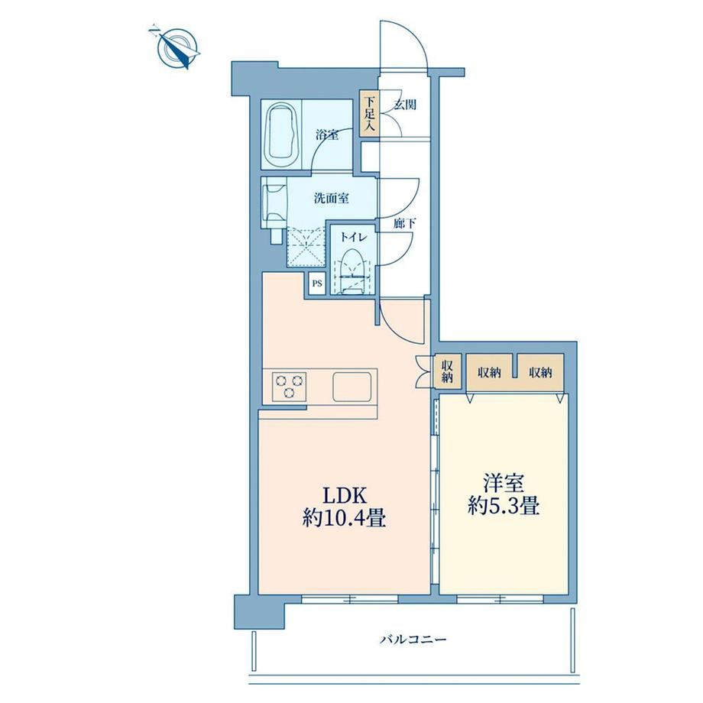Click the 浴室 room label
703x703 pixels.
tap(327, 134)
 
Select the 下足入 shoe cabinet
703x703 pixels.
tap(369, 113)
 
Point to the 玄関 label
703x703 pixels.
tap(405, 105)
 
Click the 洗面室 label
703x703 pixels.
tap(332, 198)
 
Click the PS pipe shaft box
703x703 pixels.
tap(317, 283)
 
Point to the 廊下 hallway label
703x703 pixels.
tap(404, 223)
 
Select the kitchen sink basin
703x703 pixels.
tap(352, 387)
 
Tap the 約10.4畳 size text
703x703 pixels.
tap(344, 519)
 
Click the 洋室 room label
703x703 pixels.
tap(504, 484)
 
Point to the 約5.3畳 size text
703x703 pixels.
tap(504, 507)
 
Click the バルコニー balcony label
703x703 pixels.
tap(413, 639)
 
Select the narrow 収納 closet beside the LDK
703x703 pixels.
tap(447, 371)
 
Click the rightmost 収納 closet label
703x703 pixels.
tap(540, 372)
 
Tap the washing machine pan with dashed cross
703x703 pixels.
tap(306, 247)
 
